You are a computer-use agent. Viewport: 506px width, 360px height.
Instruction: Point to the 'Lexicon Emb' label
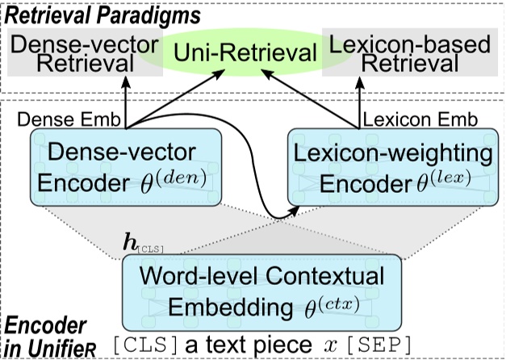(x=419, y=119)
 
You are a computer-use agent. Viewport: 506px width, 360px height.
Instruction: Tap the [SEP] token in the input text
(x=378, y=345)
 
